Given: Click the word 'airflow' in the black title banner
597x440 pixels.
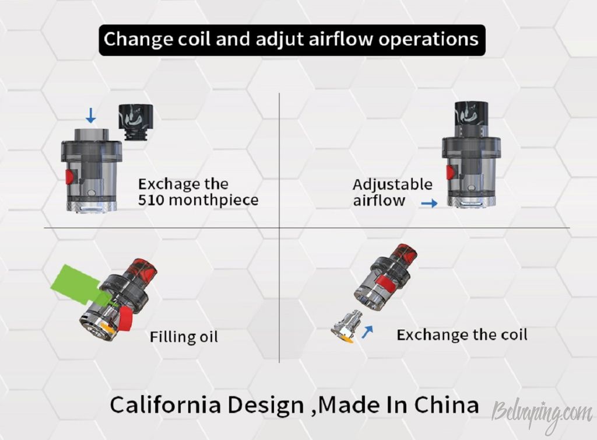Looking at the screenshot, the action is tap(340, 39).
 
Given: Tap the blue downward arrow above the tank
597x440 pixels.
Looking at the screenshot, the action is tap(90, 116).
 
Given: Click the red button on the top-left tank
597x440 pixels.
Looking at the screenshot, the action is tap(69, 177).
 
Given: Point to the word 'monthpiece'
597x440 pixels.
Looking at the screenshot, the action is tap(213, 200).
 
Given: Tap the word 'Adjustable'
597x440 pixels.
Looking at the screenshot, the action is tap(392, 185).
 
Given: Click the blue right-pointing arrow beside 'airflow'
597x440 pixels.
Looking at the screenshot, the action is tap(429, 204).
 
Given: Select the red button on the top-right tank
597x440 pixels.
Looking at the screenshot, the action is tap(451, 172).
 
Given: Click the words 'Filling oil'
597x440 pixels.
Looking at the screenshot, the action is tap(184, 337).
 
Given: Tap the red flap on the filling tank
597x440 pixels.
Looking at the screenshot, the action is tap(127, 319).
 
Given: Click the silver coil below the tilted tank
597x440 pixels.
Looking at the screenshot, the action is tap(346, 327).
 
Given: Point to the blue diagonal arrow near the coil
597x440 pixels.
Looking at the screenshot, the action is tap(367, 332).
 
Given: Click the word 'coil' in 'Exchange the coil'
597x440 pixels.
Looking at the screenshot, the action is tap(514, 335).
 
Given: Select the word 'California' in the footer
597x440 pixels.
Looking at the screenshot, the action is tap(166, 404).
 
